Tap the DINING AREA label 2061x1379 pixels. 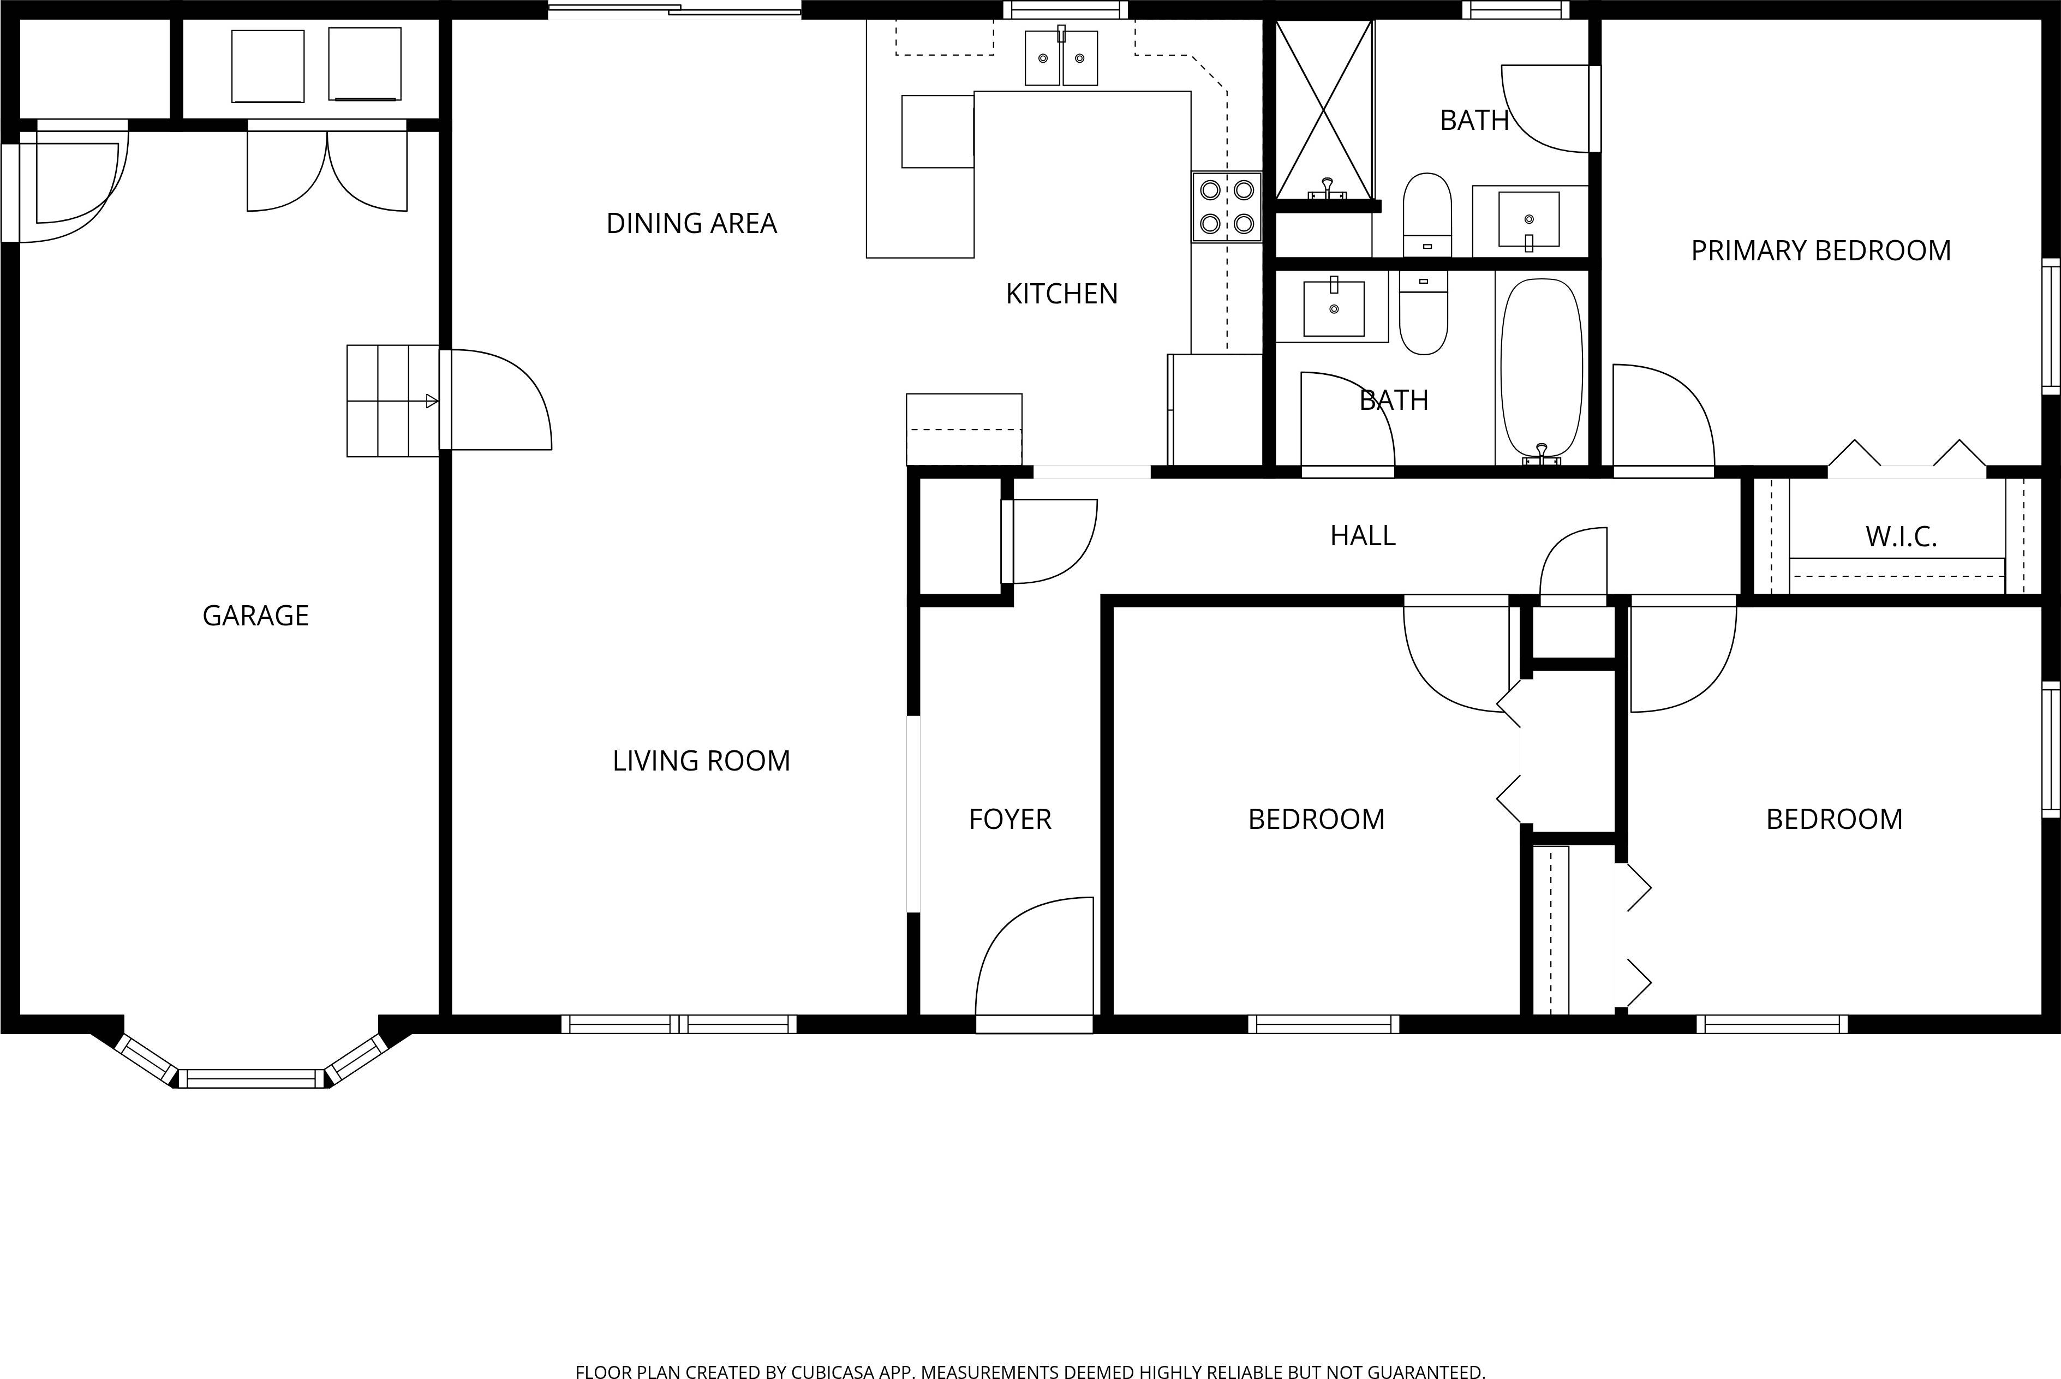tap(691, 223)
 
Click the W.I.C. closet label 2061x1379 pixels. tap(1901, 536)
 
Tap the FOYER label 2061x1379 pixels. tap(1009, 820)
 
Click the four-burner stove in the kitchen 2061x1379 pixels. tap(1227, 207)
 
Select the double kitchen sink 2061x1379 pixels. tap(1061, 58)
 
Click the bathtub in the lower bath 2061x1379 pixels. tap(1542, 369)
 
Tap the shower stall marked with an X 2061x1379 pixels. tap(1323, 109)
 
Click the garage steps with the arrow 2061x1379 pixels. tap(392, 401)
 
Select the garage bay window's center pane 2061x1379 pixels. tap(252, 1078)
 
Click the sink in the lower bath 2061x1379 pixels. tap(1333, 308)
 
